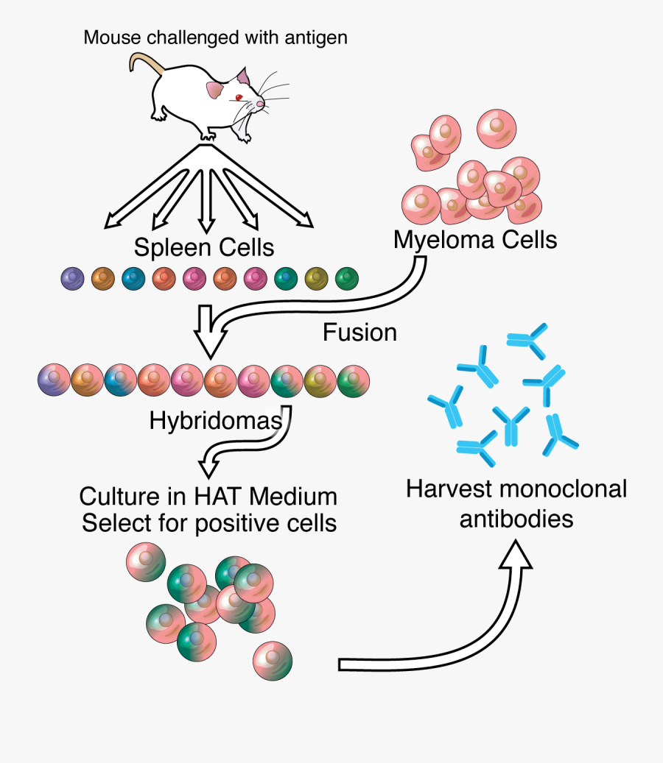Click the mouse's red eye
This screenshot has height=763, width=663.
click(239, 98)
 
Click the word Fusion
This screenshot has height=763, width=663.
click(359, 333)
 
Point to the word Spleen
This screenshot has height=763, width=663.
click(167, 247)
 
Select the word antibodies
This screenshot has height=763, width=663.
click(516, 519)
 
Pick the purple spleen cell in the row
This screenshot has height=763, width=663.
click(73, 279)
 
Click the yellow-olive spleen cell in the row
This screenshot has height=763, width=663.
click(316, 279)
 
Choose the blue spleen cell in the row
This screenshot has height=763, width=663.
click(133, 279)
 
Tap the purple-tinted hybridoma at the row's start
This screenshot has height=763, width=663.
click(53, 380)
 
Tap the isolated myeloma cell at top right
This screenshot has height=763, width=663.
click(498, 128)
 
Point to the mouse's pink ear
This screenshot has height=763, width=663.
click(215, 91)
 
